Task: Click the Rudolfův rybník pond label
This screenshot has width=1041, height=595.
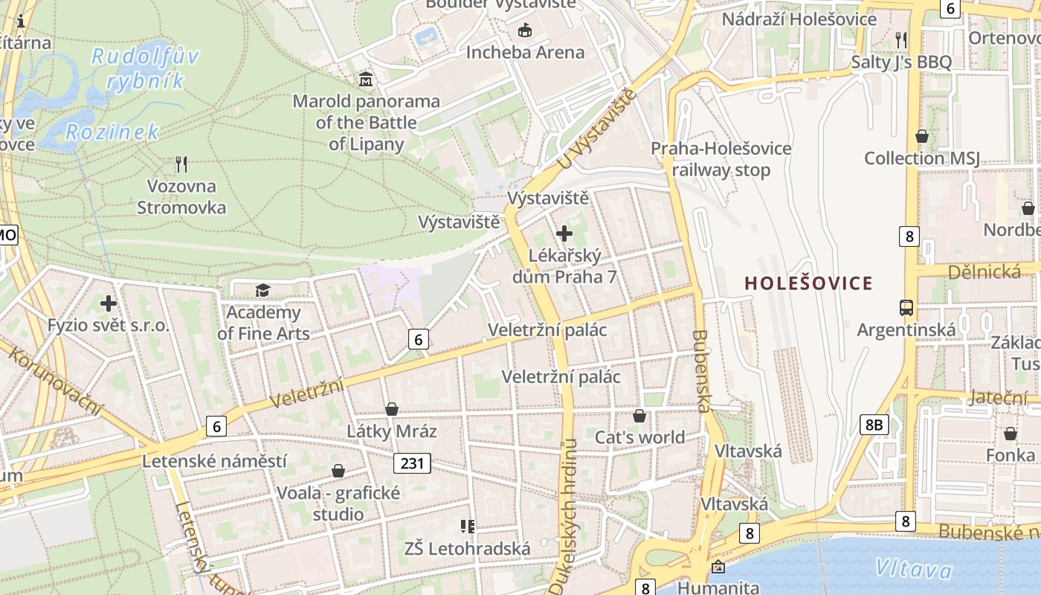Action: [144, 68]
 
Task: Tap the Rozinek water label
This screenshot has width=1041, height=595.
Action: [112, 132]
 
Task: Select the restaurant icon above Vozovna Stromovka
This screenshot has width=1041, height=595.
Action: [181, 164]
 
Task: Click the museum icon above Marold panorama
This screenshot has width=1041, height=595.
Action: [366, 79]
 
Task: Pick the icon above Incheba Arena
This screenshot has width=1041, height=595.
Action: [525, 30]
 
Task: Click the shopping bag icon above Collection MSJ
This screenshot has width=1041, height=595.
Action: [921, 136]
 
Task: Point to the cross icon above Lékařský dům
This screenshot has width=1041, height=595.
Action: [564, 234]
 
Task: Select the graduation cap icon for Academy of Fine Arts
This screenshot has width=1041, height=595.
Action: [262, 290]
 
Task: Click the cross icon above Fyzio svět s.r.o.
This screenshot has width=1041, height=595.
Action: [109, 303]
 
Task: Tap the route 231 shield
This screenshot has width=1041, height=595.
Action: [411, 463]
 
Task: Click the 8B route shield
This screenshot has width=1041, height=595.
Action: [874, 425]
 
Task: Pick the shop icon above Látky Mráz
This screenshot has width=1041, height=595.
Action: [392, 409]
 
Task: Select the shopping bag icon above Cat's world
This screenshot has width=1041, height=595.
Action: [639, 416]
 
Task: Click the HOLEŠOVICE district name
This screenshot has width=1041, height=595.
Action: [808, 283]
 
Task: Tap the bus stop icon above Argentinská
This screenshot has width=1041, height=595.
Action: [906, 307]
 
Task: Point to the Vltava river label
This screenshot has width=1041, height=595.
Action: [913, 570]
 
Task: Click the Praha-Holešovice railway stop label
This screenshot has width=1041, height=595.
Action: [721, 159]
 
